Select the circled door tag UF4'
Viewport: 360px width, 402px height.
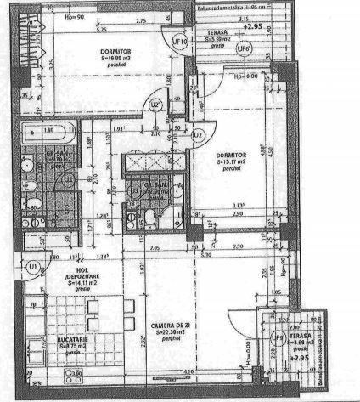[245, 48]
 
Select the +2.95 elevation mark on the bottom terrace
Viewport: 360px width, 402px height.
[300, 358]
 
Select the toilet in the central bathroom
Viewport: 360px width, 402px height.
[149, 220]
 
